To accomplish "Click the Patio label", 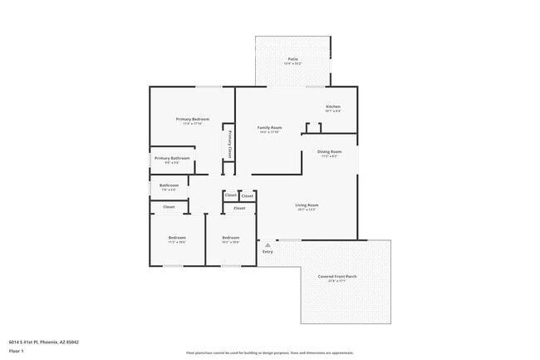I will tap(293, 59).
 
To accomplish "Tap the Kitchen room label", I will tap(333, 106).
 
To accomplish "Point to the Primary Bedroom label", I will tap(193, 119).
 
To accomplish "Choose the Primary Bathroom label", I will tap(172, 158).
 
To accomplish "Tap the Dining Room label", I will tap(329, 151).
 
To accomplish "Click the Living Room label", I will tap(307, 205).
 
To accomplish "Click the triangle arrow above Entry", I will tap(268, 244).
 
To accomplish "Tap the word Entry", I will tap(268, 251).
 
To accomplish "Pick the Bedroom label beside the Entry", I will tap(230, 238).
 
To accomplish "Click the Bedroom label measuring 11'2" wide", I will tap(177, 238).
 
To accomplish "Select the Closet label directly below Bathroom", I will tap(169, 206).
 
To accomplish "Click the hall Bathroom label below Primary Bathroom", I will tap(169, 185).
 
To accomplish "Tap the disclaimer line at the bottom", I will tap(270, 353).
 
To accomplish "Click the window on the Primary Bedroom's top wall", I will tap(209, 86).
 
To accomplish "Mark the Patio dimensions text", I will tap(293, 64).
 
